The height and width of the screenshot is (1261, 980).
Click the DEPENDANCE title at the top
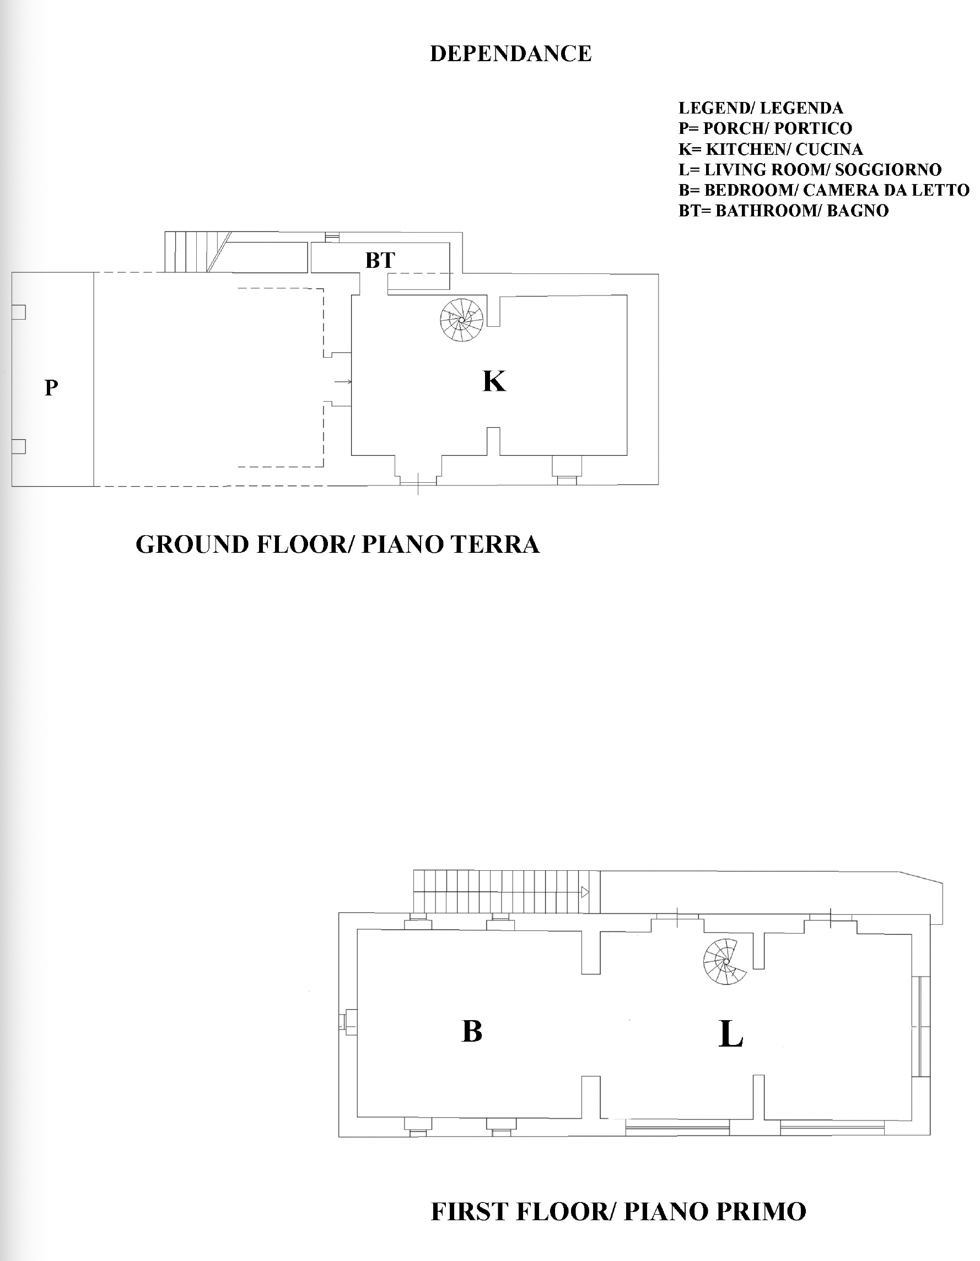pyautogui.click(x=510, y=53)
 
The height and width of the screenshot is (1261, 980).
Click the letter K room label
pyautogui.click(x=494, y=381)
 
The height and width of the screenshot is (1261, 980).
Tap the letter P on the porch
pyautogui.click(x=51, y=387)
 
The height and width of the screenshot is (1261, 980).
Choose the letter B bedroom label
pyautogui.click(x=472, y=1031)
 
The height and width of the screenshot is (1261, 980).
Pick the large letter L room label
pyautogui.click(x=731, y=1033)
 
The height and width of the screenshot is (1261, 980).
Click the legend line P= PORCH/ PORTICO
pyautogui.click(x=765, y=128)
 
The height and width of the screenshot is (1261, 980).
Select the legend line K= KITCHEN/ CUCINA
pyautogui.click(x=771, y=149)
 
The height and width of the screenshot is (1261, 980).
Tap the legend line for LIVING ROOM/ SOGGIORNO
pyautogui.click(x=810, y=170)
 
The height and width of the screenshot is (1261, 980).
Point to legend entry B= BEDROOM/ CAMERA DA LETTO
pyautogui.click(x=823, y=190)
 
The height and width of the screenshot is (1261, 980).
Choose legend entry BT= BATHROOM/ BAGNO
pyautogui.click(x=783, y=211)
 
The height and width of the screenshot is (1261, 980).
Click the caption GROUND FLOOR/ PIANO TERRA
pyautogui.click(x=338, y=545)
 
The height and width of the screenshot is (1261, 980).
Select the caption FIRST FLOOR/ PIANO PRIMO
pyautogui.click(x=618, y=1211)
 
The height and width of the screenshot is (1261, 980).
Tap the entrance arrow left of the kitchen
pyautogui.click(x=343, y=381)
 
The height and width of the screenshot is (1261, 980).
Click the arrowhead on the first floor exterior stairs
pyautogui.click(x=584, y=892)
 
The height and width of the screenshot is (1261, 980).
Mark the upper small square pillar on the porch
pyautogui.click(x=19, y=312)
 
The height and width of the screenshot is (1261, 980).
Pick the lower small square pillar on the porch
pyautogui.click(x=19, y=446)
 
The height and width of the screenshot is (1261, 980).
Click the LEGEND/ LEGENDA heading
pyautogui.click(x=761, y=108)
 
